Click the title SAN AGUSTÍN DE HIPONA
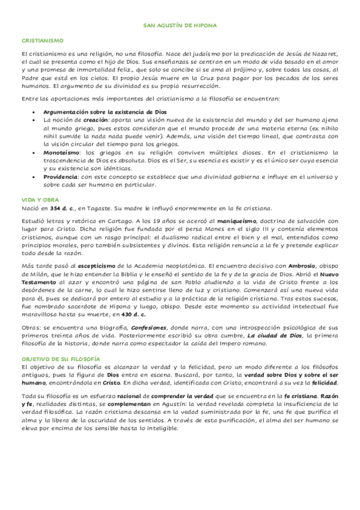coord(180,26)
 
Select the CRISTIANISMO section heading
coord(42,40)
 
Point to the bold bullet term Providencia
coord(61,178)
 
